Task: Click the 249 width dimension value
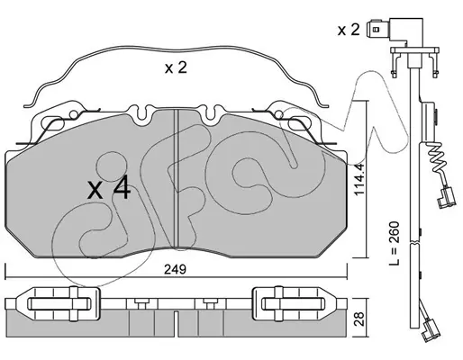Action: click(x=176, y=269)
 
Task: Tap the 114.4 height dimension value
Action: click(x=359, y=179)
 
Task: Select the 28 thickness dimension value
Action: click(x=359, y=319)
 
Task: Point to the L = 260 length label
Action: click(x=394, y=243)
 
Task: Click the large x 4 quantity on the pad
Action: click(x=109, y=187)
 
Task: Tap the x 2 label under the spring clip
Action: click(x=176, y=68)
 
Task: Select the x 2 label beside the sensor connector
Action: click(x=349, y=30)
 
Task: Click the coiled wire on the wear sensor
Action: click(x=437, y=159)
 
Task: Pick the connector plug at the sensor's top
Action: click(x=394, y=31)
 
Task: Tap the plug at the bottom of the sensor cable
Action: click(x=431, y=330)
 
